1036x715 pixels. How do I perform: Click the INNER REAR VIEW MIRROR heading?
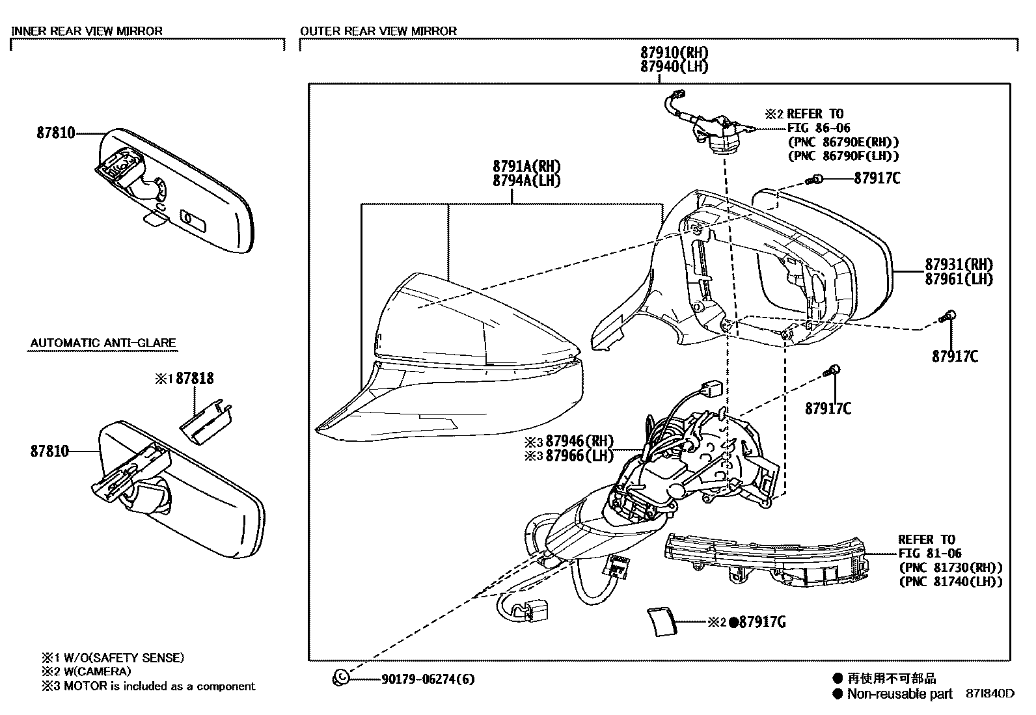coord(87,31)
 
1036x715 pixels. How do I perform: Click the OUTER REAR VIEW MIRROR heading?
coord(378,31)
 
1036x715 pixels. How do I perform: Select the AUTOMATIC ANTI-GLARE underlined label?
coord(103,343)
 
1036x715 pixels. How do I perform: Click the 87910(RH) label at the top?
coord(674,53)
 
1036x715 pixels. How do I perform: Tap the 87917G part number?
coord(761,623)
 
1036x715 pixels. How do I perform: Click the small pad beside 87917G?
coord(662,621)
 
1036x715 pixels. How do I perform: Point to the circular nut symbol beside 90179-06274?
coord(340,678)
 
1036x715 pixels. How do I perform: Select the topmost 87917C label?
coord(877,178)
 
